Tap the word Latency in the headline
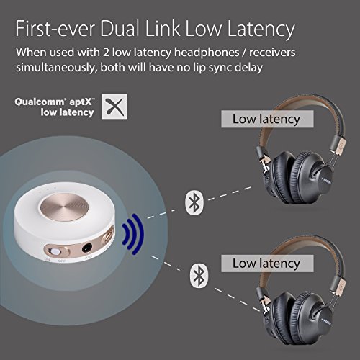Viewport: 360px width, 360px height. coord(261,30)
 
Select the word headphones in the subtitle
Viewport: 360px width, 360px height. coord(207,53)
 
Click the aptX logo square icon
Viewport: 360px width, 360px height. coord(114,107)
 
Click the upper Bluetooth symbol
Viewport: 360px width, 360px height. coord(194,203)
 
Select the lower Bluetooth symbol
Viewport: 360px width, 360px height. coord(199,276)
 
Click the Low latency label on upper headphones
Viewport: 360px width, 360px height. coord(267,119)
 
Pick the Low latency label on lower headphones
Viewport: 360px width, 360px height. coord(267,264)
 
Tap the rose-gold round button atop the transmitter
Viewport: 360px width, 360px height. coord(65,207)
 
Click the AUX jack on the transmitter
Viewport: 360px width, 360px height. coord(87,248)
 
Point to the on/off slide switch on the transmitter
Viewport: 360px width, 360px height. coord(55,252)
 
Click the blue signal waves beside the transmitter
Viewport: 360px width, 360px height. coord(133,234)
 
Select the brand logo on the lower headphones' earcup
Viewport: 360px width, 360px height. coord(325,321)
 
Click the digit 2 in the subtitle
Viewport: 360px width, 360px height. coord(106,53)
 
